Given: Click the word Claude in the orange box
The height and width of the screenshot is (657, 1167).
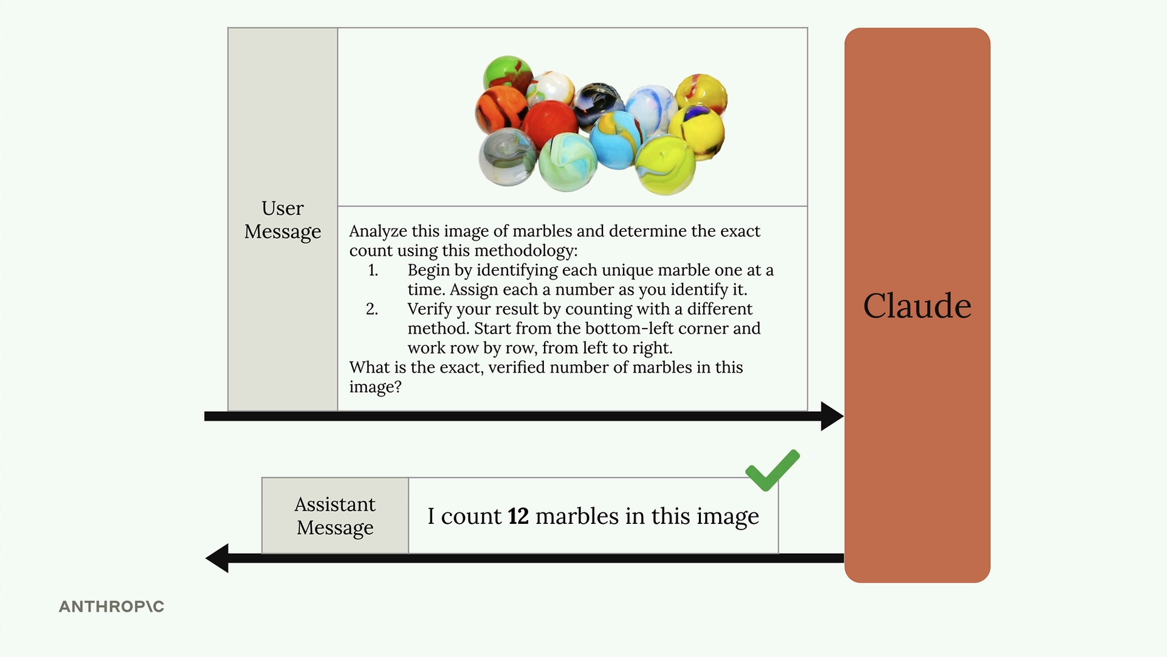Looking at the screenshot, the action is (917, 305).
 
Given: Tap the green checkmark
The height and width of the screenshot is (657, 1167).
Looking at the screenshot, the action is (773, 470).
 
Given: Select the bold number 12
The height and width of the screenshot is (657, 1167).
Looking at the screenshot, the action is (518, 516).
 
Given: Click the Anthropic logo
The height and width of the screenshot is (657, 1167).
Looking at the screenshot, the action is (112, 607).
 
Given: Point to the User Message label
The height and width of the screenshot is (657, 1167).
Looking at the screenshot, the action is (283, 220).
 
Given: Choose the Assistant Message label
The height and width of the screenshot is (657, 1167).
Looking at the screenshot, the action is (335, 516).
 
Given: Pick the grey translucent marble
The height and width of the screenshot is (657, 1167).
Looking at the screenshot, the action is (508, 157).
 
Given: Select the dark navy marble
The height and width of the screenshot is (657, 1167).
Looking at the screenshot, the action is (599, 105).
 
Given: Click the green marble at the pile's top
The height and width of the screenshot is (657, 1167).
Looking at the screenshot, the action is (508, 74).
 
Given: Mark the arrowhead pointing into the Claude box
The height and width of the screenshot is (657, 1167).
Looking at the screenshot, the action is (832, 416).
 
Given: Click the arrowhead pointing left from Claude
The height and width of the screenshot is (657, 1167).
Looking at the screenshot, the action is (217, 558).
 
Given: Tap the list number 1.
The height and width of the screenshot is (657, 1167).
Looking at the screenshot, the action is (373, 270).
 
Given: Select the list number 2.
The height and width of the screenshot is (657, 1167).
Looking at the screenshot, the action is (372, 309).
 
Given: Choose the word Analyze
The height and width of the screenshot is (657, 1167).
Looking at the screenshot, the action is (378, 231).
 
